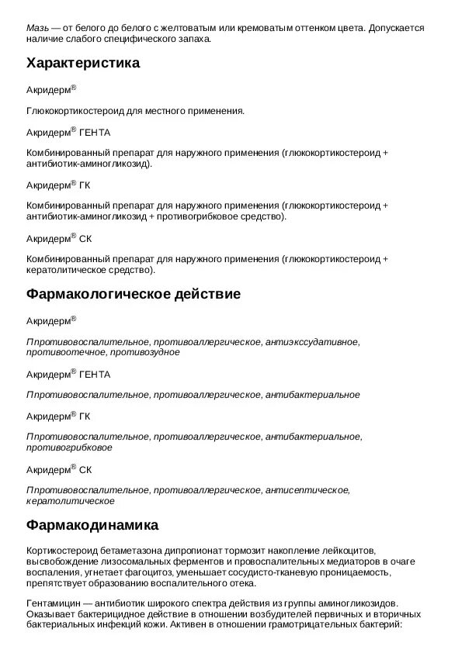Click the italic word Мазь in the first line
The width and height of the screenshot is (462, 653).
pos(37,28)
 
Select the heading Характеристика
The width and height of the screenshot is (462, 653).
pos(83,64)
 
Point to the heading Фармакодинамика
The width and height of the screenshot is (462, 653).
pos(92,525)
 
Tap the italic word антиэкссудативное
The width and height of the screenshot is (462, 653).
pos(311,342)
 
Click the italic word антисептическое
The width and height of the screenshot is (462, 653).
pos(307,491)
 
